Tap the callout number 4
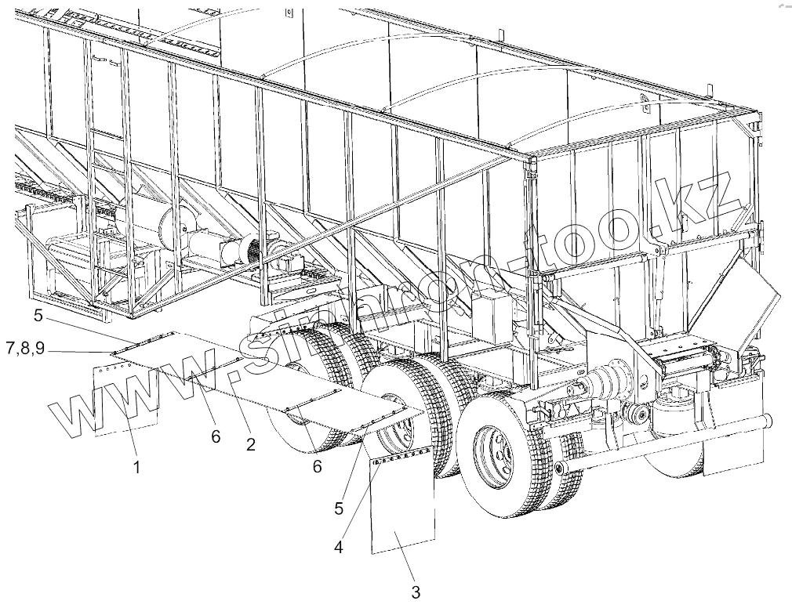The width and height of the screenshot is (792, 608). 338,548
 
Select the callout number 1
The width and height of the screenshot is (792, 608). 136,468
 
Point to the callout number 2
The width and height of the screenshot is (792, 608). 250,445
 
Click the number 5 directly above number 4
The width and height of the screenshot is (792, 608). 339,508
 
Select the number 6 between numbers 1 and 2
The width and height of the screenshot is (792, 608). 216,437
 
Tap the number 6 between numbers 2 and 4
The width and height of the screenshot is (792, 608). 317,465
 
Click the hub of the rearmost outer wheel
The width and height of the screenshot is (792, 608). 491,448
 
